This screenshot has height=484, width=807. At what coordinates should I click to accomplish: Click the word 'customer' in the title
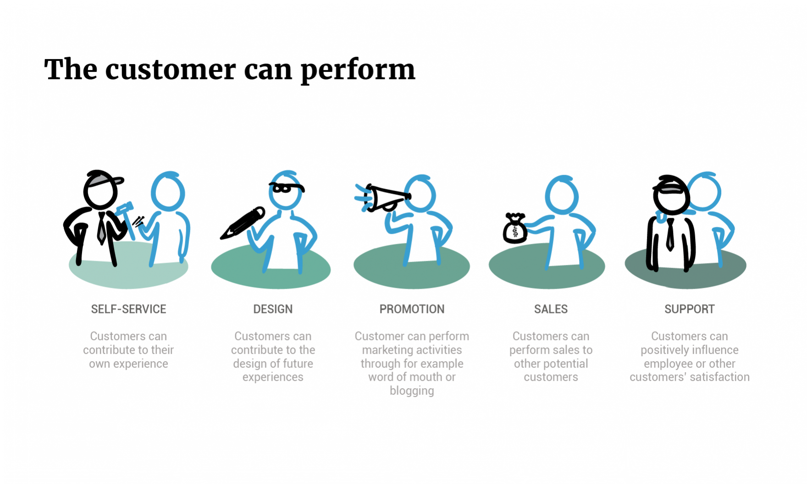pyautogui.click(x=171, y=70)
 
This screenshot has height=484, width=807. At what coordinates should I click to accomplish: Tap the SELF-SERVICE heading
pyautogui.click(x=128, y=309)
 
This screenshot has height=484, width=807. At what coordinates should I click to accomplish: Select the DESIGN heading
pyautogui.click(x=273, y=309)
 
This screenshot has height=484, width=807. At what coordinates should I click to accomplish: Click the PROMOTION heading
pyautogui.click(x=412, y=309)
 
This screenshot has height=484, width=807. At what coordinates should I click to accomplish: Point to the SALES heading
pyautogui.click(x=551, y=309)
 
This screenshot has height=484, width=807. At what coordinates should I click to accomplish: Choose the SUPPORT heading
pyautogui.click(x=690, y=309)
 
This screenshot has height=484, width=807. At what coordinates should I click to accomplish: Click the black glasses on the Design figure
pyautogui.click(x=287, y=187)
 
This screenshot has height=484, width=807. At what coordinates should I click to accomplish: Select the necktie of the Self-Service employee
pyautogui.click(x=102, y=228)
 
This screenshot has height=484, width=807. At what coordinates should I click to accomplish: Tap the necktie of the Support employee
pyautogui.click(x=670, y=234)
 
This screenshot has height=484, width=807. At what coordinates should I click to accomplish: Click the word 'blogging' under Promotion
pyautogui.click(x=412, y=391)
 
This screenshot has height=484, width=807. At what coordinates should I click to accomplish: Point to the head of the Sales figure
pyautogui.click(x=562, y=195)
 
